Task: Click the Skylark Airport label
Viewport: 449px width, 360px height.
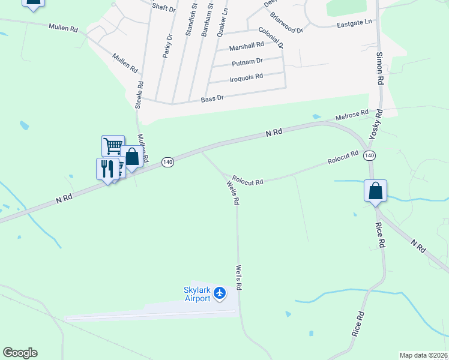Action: [x=197, y=294]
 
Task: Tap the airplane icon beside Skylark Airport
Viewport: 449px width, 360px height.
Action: [x=220, y=293]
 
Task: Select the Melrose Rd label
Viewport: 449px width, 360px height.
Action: [x=352, y=115]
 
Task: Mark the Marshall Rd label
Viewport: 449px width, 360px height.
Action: [x=247, y=45]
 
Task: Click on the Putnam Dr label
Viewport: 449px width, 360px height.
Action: [x=247, y=61]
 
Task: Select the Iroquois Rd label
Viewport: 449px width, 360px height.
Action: [x=246, y=77]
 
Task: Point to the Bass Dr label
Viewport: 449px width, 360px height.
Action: [x=212, y=98]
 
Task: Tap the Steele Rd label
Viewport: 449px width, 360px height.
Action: [x=139, y=95]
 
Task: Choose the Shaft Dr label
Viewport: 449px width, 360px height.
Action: [x=163, y=8]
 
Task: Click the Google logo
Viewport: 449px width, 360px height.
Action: [x=20, y=353]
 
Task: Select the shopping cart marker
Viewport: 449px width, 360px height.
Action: [x=113, y=146]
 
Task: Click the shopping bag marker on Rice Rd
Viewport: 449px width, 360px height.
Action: [x=375, y=191]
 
